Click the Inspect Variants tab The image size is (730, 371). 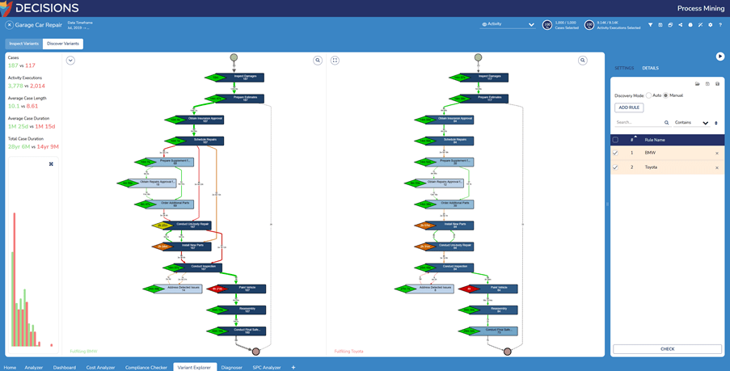click(x=23, y=44)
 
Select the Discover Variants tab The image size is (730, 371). click(x=63, y=44)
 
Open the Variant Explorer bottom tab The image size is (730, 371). click(x=194, y=367)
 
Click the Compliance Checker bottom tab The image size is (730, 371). click(x=146, y=367)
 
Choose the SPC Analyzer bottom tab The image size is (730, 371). click(x=267, y=367)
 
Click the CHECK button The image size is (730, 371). click(x=667, y=349)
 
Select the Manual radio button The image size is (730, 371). click(x=666, y=95)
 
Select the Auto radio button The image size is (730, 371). click(x=649, y=95)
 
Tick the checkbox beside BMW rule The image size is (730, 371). click(x=615, y=153)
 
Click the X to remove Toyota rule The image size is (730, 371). click(x=717, y=168)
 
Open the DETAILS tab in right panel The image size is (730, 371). click(x=650, y=68)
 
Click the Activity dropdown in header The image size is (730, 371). click(x=508, y=24)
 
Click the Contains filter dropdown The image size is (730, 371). click(x=691, y=123)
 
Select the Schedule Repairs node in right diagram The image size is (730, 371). click(x=458, y=140)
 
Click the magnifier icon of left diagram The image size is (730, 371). click(x=318, y=61)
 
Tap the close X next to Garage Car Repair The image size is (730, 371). click(x=9, y=25)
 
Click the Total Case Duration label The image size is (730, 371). click(x=27, y=139)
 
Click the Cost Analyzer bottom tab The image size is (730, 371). click(x=100, y=367)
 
